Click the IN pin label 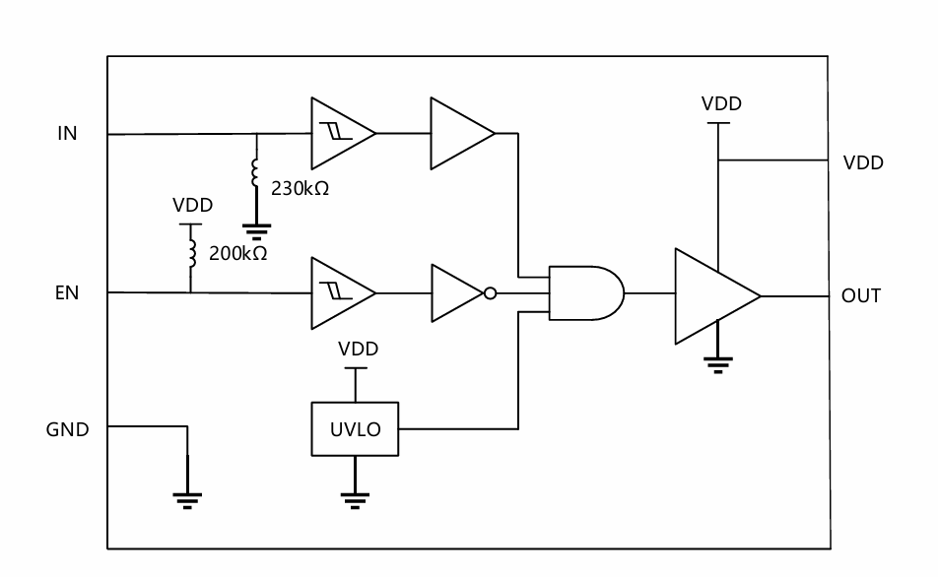tap(68, 133)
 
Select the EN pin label tap(67, 293)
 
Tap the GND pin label tap(68, 429)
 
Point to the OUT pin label tap(861, 296)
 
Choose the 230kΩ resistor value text tap(300, 188)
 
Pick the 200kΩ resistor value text tap(238, 253)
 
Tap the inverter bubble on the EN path tap(490, 293)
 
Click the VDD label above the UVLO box tap(359, 349)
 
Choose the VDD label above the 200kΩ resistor tap(193, 205)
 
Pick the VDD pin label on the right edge tap(863, 162)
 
